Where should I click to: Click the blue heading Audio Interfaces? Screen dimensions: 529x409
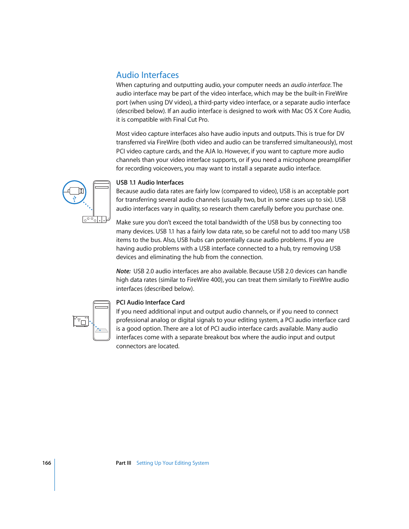click(147, 75)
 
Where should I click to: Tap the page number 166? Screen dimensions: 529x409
click(46, 463)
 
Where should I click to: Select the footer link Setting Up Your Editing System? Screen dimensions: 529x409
click(172, 463)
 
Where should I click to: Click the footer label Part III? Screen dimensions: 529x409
click(123, 463)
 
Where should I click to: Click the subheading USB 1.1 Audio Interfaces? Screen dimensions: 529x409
click(150, 182)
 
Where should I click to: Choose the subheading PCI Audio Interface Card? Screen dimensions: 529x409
click(150, 302)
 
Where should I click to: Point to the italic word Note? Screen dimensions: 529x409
click(123, 271)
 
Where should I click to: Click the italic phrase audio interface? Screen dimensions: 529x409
click(310, 85)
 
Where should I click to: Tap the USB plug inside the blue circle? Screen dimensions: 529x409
click(75, 191)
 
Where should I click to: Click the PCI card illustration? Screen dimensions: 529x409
click(81, 321)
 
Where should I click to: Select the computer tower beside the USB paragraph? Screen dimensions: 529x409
click(102, 199)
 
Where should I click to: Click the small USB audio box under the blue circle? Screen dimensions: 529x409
click(94, 219)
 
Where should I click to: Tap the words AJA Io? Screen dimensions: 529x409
click(214, 151)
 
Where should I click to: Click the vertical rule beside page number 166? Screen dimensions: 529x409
click(55, 475)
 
